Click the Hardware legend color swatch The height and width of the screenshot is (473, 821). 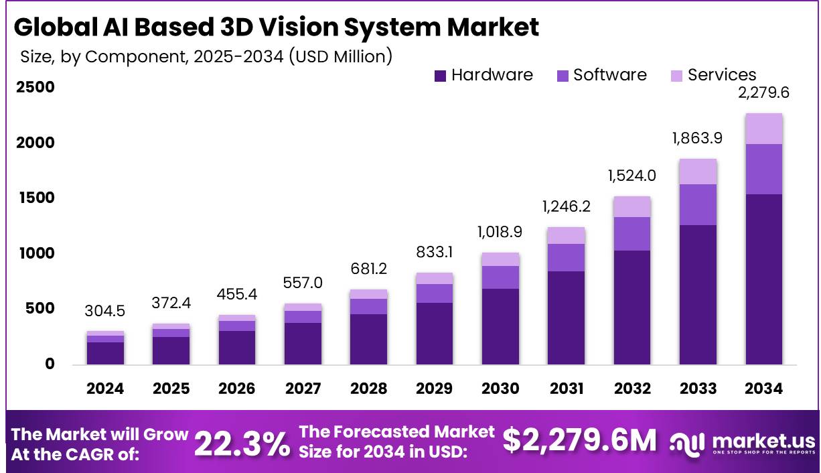tap(440, 76)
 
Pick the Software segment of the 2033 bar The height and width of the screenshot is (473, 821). tap(698, 204)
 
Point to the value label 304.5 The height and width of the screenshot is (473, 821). tap(105, 312)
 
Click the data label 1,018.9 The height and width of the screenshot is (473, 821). tap(500, 232)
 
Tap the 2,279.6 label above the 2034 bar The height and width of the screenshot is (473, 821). tap(763, 93)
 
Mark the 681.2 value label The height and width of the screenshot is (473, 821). tap(369, 269)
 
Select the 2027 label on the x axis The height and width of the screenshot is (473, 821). tap(303, 389)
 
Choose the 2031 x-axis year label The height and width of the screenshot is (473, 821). tap(567, 389)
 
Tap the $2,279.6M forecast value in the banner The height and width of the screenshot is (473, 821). tap(580, 440)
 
